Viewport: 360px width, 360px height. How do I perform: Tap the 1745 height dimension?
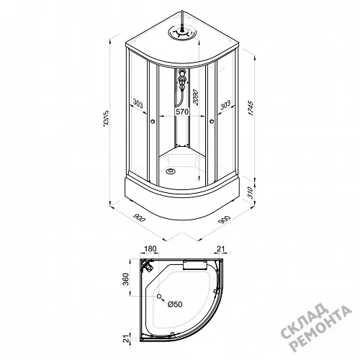pyautogui.click(x=251, y=108)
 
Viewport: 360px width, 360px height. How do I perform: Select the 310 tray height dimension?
pyautogui.click(x=251, y=192)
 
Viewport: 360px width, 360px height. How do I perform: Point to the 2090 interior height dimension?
pyautogui.click(x=196, y=97)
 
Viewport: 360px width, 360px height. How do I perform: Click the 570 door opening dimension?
pyautogui.click(x=183, y=112)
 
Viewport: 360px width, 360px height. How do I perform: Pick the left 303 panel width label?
pyautogui.click(x=138, y=104)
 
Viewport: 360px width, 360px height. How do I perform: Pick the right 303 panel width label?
pyautogui.click(x=225, y=104)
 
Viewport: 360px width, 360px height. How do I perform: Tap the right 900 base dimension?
pyautogui.click(x=225, y=220)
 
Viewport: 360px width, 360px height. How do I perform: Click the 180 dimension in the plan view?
pyautogui.click(x=150, y=248)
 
